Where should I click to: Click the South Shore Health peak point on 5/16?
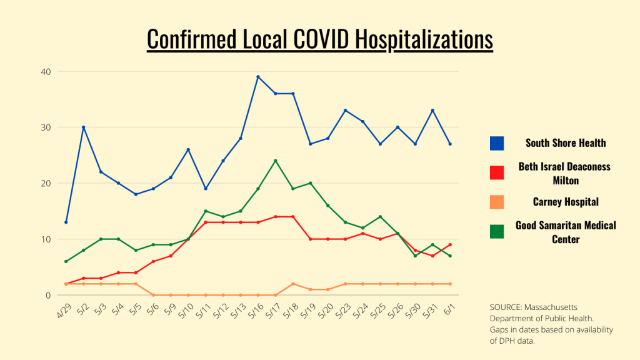258,77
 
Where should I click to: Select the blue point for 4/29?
66,222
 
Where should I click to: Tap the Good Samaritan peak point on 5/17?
276,161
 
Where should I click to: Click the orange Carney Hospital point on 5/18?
293,284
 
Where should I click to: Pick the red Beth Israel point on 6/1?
451,244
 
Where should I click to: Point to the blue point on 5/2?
83,127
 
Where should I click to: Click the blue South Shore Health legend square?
497,143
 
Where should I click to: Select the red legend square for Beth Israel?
497,172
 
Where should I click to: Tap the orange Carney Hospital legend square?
497,202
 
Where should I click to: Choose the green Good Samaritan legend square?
497,231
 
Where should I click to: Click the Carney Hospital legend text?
566,202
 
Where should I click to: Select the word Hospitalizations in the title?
424,39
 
